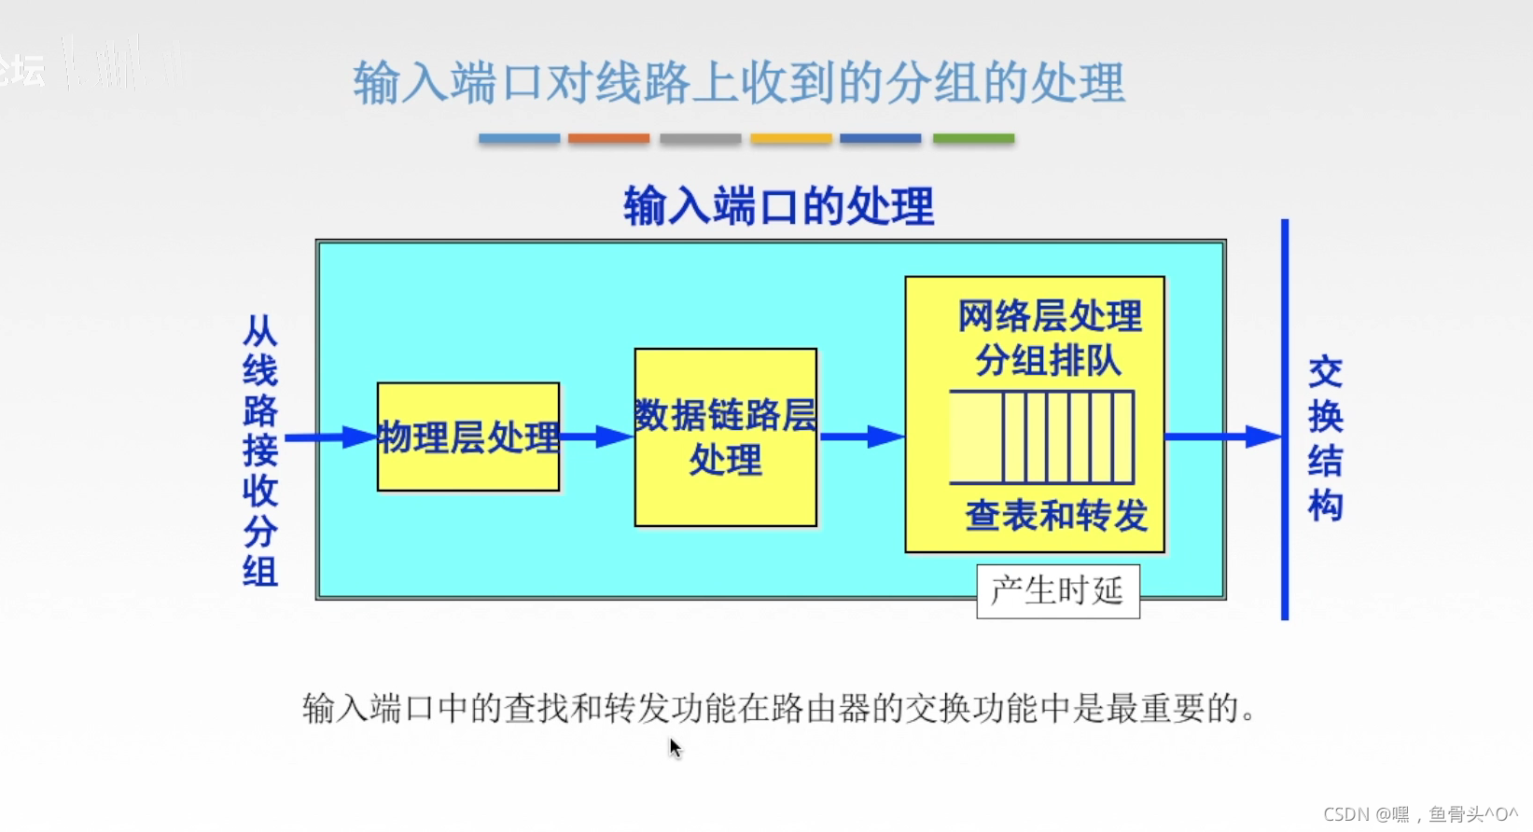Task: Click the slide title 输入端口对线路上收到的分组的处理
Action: [738, 83]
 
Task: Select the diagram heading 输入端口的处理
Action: [778, 206]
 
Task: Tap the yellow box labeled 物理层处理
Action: [468, 437]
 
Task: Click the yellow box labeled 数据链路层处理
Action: [725, 437]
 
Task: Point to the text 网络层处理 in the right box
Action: [1049, 316]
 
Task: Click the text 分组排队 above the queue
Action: [1048, 360]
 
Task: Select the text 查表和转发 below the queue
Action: [1055, 515]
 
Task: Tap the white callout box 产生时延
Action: [1057, 590]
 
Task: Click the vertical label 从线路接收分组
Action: [260, 451]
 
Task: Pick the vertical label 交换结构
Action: [1325, 438]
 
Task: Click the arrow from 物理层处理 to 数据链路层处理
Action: [596, 437]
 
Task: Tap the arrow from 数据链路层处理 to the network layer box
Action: [860, 437]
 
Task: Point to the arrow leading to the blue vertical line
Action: [1222, 437]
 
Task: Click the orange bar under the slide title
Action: [608, 138]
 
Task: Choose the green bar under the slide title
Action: [973, 138]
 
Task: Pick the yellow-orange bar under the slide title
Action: [790, 138]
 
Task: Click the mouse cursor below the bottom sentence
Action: [676, 748]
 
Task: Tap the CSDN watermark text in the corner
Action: [1419, 814]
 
